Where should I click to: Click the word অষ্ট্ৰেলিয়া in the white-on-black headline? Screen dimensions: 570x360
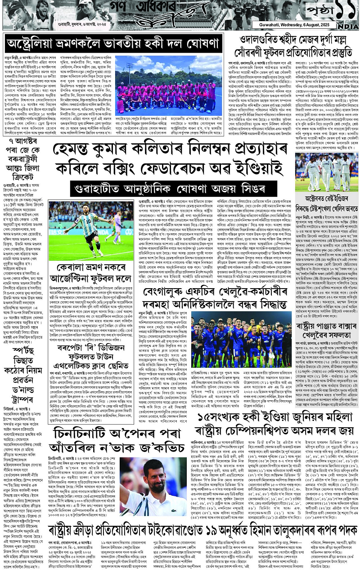pos(36,44)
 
